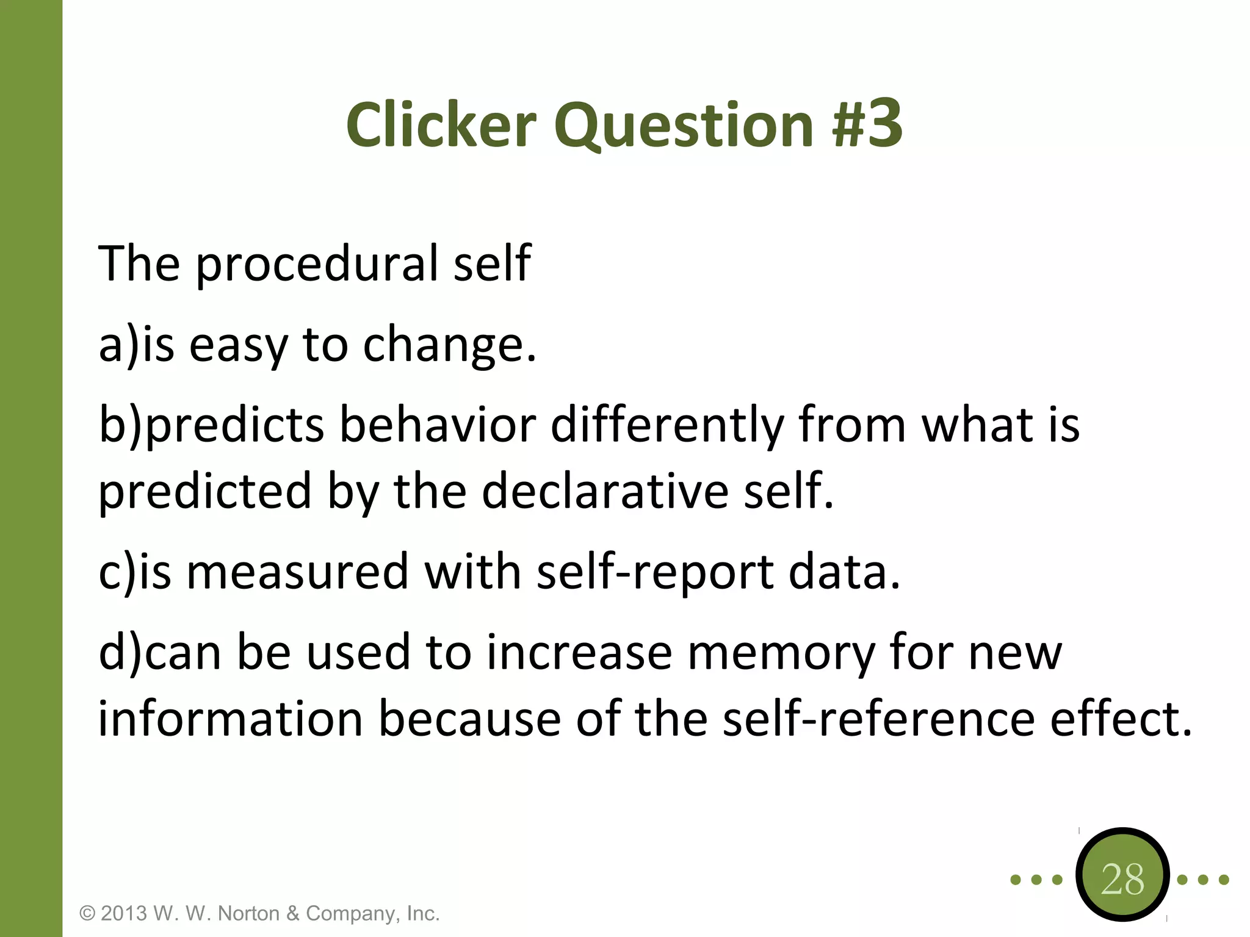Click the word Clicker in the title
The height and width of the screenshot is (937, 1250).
pos(441,125)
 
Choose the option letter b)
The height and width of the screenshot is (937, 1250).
pos(121,425)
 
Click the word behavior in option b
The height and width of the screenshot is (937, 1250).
pos(438,425)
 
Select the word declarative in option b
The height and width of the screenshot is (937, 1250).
pos(604,492)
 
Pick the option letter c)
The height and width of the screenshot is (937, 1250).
pos(117,573)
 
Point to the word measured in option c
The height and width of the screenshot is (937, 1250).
pos(297,573)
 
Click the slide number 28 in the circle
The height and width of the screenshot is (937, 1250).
pos(1122,879)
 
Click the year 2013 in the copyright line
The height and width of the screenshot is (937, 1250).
pos(124,913)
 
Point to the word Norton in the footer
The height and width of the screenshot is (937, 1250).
pos(249,913)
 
